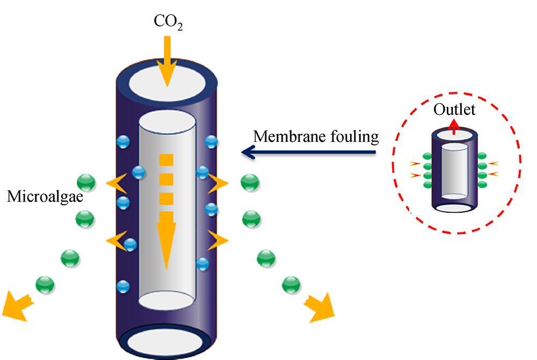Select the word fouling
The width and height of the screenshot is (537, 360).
point(352,136)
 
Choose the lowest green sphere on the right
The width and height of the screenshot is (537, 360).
point(291,284)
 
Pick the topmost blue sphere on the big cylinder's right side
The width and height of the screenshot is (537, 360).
point(211,141)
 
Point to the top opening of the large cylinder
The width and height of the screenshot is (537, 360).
point(167,84)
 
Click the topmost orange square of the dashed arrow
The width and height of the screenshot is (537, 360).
point(166,159)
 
